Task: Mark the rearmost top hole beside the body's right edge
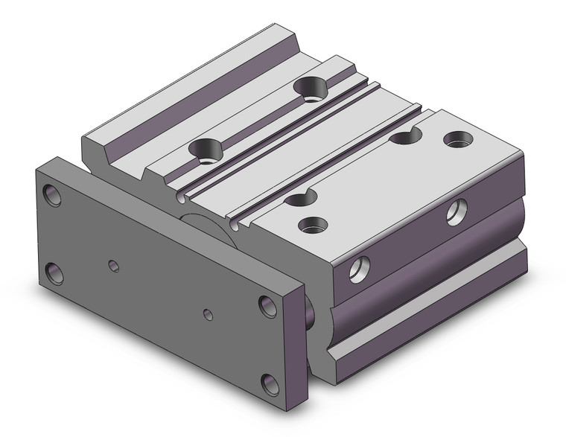tap(457, 138)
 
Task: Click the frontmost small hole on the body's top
tap(314, 223)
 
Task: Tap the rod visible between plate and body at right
tap(309, 313)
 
